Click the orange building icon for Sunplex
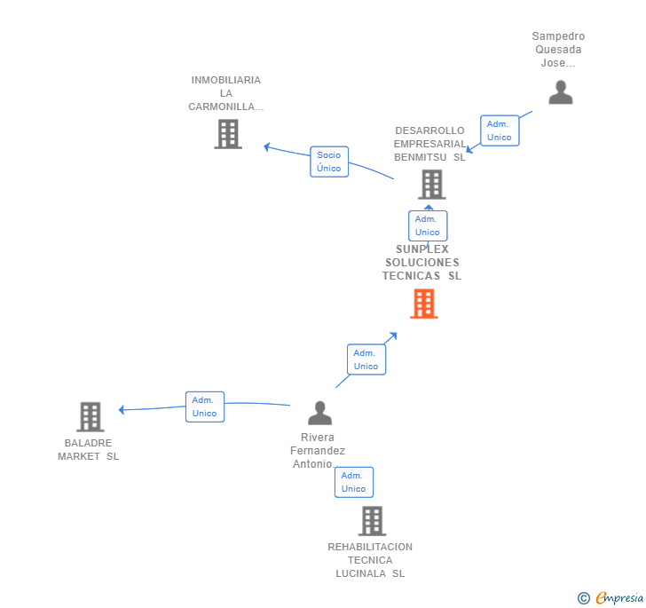coord(424,304)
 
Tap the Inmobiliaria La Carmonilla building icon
coord(228,134)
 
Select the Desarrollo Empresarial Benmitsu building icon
coord(431,185)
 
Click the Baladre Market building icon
coord(90,416)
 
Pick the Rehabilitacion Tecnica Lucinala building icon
coord(372,521)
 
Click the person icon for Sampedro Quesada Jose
coord(560,92)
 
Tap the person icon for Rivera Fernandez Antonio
coord(319,413)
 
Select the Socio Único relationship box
coord(329,162)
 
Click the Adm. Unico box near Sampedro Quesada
coord(499,130)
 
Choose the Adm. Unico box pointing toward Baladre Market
coord(204,407)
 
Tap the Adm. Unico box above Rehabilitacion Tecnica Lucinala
coord(353,482)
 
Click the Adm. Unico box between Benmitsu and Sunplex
coord(427,225)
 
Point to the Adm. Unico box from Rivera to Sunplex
coord(366,359)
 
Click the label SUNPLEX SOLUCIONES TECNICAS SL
coord(422,263)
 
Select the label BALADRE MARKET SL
coord(88,450)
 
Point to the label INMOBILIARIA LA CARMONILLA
coord(226,93)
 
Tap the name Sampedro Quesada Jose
coord(558,50)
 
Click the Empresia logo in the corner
coord(611,598)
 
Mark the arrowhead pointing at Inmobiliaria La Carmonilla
coord(266,146)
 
